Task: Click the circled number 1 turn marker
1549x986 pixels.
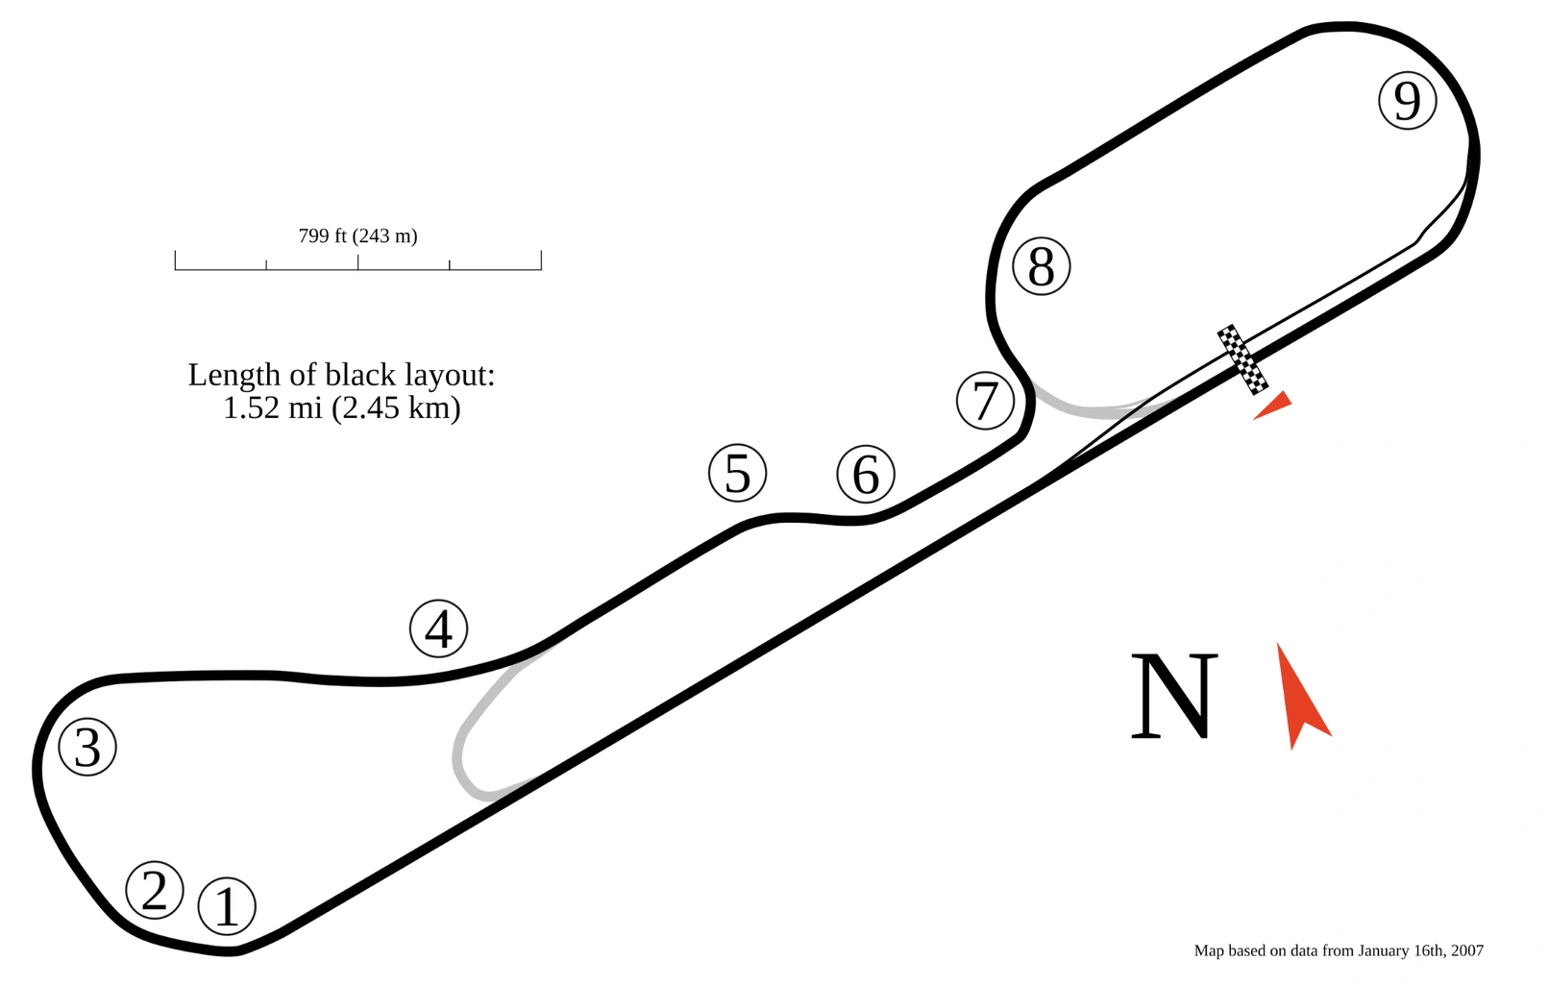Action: pos(227,905)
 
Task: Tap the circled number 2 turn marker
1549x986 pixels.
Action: pos(155,890)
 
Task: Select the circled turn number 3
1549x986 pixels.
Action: pos(87,747)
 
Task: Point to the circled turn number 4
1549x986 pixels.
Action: pos(438,629)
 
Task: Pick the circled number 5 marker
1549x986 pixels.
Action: pos(737,473)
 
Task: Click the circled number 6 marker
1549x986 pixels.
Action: pos(866,474)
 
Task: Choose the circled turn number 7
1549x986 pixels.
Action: pos(985,401)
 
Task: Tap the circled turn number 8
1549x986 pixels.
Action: pos(1042,266)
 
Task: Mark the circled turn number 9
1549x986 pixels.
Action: pos(1407,100)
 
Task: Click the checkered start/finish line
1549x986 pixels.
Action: pos(1242,359)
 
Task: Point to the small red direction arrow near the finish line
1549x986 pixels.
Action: pos(1274,406)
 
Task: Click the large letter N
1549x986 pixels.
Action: pos(1173,696)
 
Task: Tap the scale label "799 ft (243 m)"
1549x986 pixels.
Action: pos(357,235)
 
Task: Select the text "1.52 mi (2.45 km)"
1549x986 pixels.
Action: pos(341,408)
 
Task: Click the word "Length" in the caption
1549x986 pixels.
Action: pos(234,375)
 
